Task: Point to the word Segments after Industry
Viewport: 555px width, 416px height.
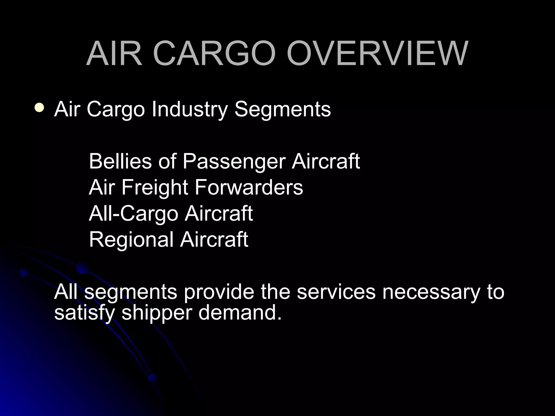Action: click(x=283, y=110)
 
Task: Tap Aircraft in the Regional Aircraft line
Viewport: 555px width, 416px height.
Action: click(x=214, y=239)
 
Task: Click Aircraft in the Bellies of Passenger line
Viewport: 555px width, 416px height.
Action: click(x=326, y=161)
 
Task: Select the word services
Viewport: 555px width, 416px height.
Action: click(x=336, y=292)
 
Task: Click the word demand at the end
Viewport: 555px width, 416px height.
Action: click(x=240, y=313)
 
